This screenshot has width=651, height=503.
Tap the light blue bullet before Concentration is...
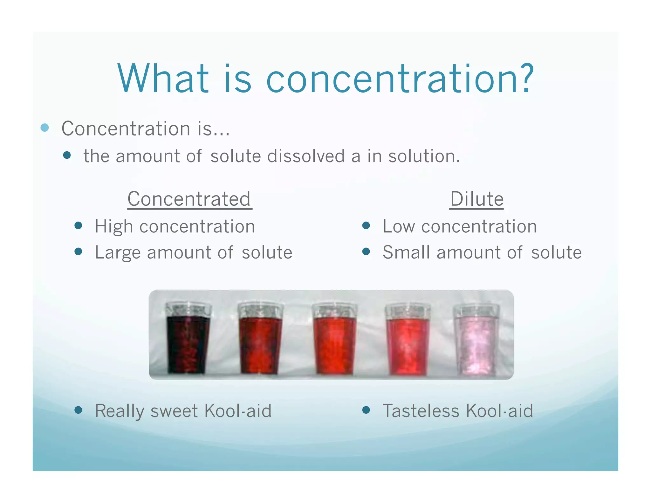[45, 128]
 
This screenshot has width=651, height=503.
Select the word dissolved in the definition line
[306, 156]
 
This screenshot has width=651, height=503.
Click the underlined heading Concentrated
[189, 199]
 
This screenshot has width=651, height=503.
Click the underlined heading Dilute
[476, 199]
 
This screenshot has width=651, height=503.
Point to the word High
[114, 227]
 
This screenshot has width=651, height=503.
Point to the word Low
[399, 226]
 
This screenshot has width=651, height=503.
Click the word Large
[118, 253]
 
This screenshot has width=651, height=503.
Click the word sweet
[174, 411]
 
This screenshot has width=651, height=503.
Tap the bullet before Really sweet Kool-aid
[79, 410]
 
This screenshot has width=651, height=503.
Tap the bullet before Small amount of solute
[366, 252]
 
